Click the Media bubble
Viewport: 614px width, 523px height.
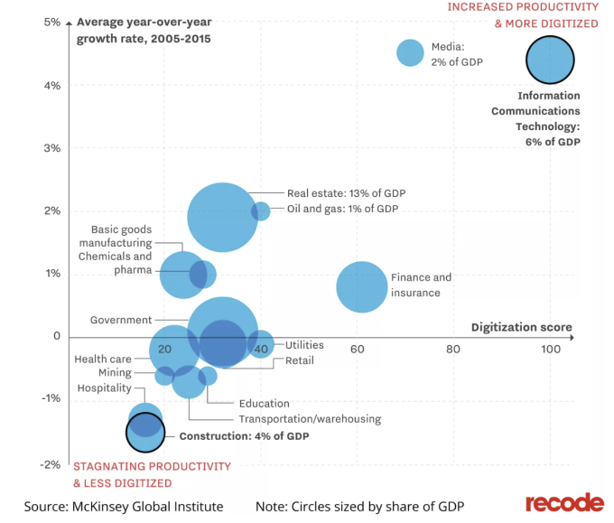(411, 52)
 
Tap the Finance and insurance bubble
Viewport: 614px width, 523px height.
(362, 286)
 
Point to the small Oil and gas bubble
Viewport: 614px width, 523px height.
(261, 211)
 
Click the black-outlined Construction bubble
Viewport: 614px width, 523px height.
(144, 434)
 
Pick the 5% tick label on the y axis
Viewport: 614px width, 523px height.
(51, 23)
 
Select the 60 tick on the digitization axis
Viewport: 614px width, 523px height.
(358, 350)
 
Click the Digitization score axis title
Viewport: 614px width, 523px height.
(521, 327)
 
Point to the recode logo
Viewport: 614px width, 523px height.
(564, 502)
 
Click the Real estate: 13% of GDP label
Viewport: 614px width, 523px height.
(346, 193)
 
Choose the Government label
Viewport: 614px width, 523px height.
(120, 321)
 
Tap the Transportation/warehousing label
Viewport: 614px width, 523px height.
(310, 419)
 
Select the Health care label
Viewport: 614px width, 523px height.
(102, 360)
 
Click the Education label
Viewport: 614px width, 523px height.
(264, 404)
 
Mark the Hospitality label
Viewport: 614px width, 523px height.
(104, 388)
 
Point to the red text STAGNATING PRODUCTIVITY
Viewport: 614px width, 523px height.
(152, 466)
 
